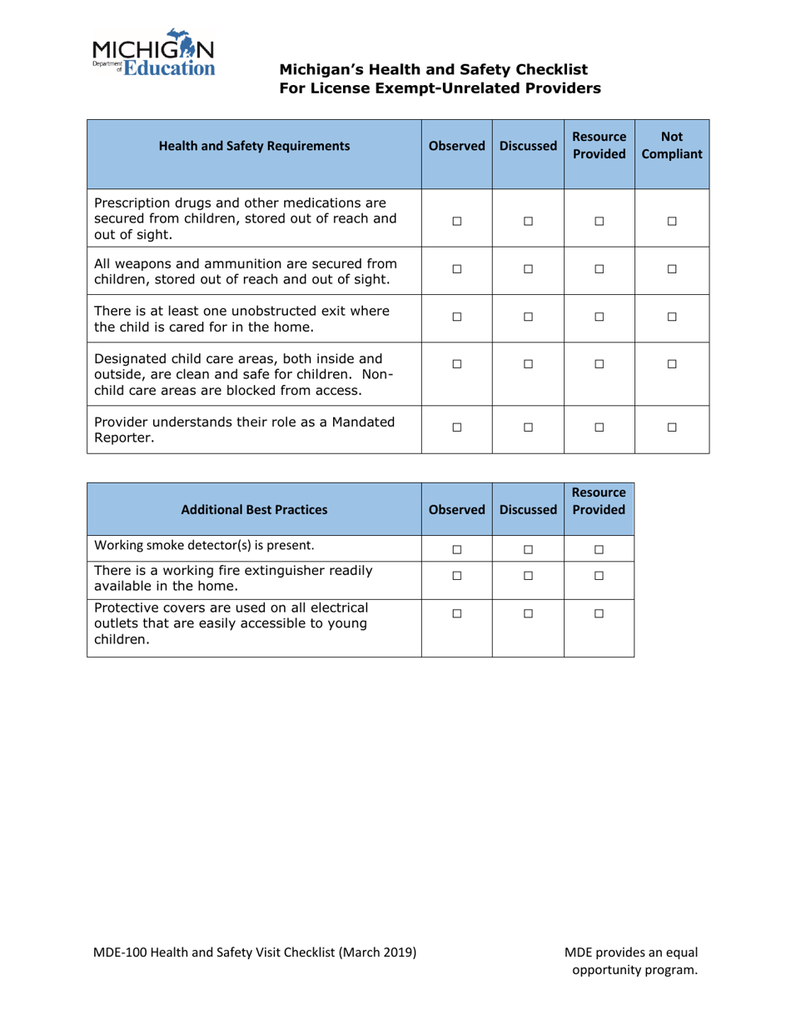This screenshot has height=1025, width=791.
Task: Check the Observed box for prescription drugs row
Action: pos(456,221)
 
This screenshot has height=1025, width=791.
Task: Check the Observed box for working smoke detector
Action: pos(456,547)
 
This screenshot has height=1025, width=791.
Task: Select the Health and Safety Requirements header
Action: pos(254,146)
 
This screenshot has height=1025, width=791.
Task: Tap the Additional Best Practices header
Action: pos(254,507)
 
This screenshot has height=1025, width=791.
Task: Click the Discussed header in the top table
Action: pos(528,146)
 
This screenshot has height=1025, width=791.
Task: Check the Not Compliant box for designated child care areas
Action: pos(672,364)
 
